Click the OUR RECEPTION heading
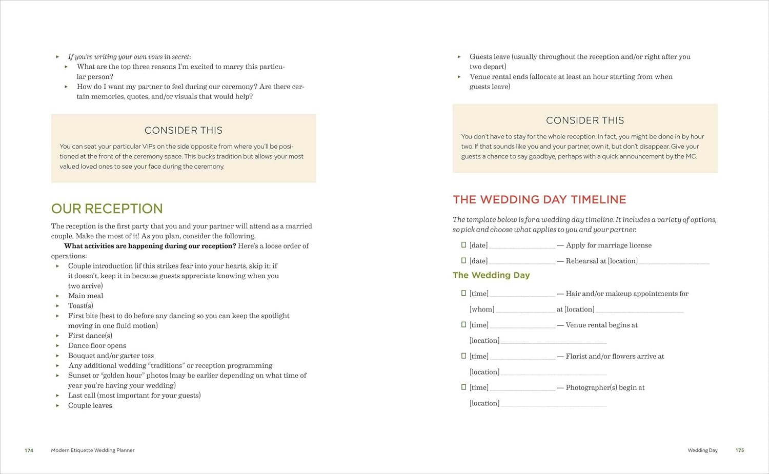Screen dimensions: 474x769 point(107,209)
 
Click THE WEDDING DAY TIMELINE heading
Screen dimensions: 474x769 point(539,199)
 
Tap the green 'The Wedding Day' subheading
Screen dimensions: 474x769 point(491,275)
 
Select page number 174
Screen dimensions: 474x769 point(29,450)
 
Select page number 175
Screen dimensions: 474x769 point(739,450)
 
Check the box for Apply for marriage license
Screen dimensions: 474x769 point(463,245)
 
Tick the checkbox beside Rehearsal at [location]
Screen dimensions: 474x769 point(463,260)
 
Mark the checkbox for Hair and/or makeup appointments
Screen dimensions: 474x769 point(463,293)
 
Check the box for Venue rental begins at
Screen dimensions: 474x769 point(463,324)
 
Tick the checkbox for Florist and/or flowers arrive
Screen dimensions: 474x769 point(463,356)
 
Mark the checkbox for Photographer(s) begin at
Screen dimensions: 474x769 point(463,387)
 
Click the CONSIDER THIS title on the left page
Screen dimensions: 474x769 point(183,130)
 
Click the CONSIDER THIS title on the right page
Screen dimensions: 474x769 point(585,120)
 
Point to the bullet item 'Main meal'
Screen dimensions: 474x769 point(86,296)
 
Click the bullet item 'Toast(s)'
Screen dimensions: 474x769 point(80,305)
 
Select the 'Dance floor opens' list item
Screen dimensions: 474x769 point(97,345)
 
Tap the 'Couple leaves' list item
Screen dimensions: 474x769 point(90,405)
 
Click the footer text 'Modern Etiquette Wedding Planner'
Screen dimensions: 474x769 point(93,450)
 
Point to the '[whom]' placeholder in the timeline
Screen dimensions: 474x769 point(482,309)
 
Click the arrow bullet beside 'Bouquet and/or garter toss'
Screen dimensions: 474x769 point(57,356)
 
